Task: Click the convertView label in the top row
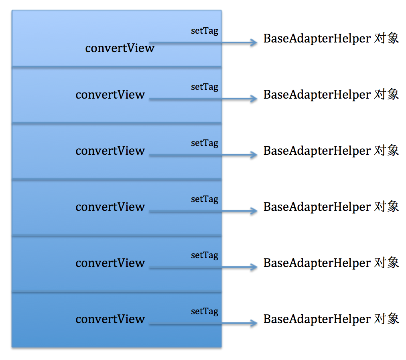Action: point(120,48)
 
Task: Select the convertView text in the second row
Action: point(110,95)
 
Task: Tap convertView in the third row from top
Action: point(110,151)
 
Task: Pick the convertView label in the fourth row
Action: point(110,207)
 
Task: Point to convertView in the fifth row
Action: point(110,263)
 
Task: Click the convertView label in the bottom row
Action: point(110,320)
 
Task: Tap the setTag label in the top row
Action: point(205,31)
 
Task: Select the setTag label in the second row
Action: point(205,87)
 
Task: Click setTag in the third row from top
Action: point(205,143)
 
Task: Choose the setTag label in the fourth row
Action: point(205,199)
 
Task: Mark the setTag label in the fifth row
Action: point(205,255)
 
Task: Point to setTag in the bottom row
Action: point(205,311)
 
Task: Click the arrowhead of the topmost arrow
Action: point(254,42)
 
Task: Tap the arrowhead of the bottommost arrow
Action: point(254,323)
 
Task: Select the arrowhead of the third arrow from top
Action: point(254,155)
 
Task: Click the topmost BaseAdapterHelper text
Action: point(317,38)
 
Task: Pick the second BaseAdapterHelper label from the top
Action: point(317,95)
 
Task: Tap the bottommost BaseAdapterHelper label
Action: point(317,320)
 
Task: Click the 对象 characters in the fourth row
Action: point(387,206)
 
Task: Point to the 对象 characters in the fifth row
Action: point(387,263)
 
